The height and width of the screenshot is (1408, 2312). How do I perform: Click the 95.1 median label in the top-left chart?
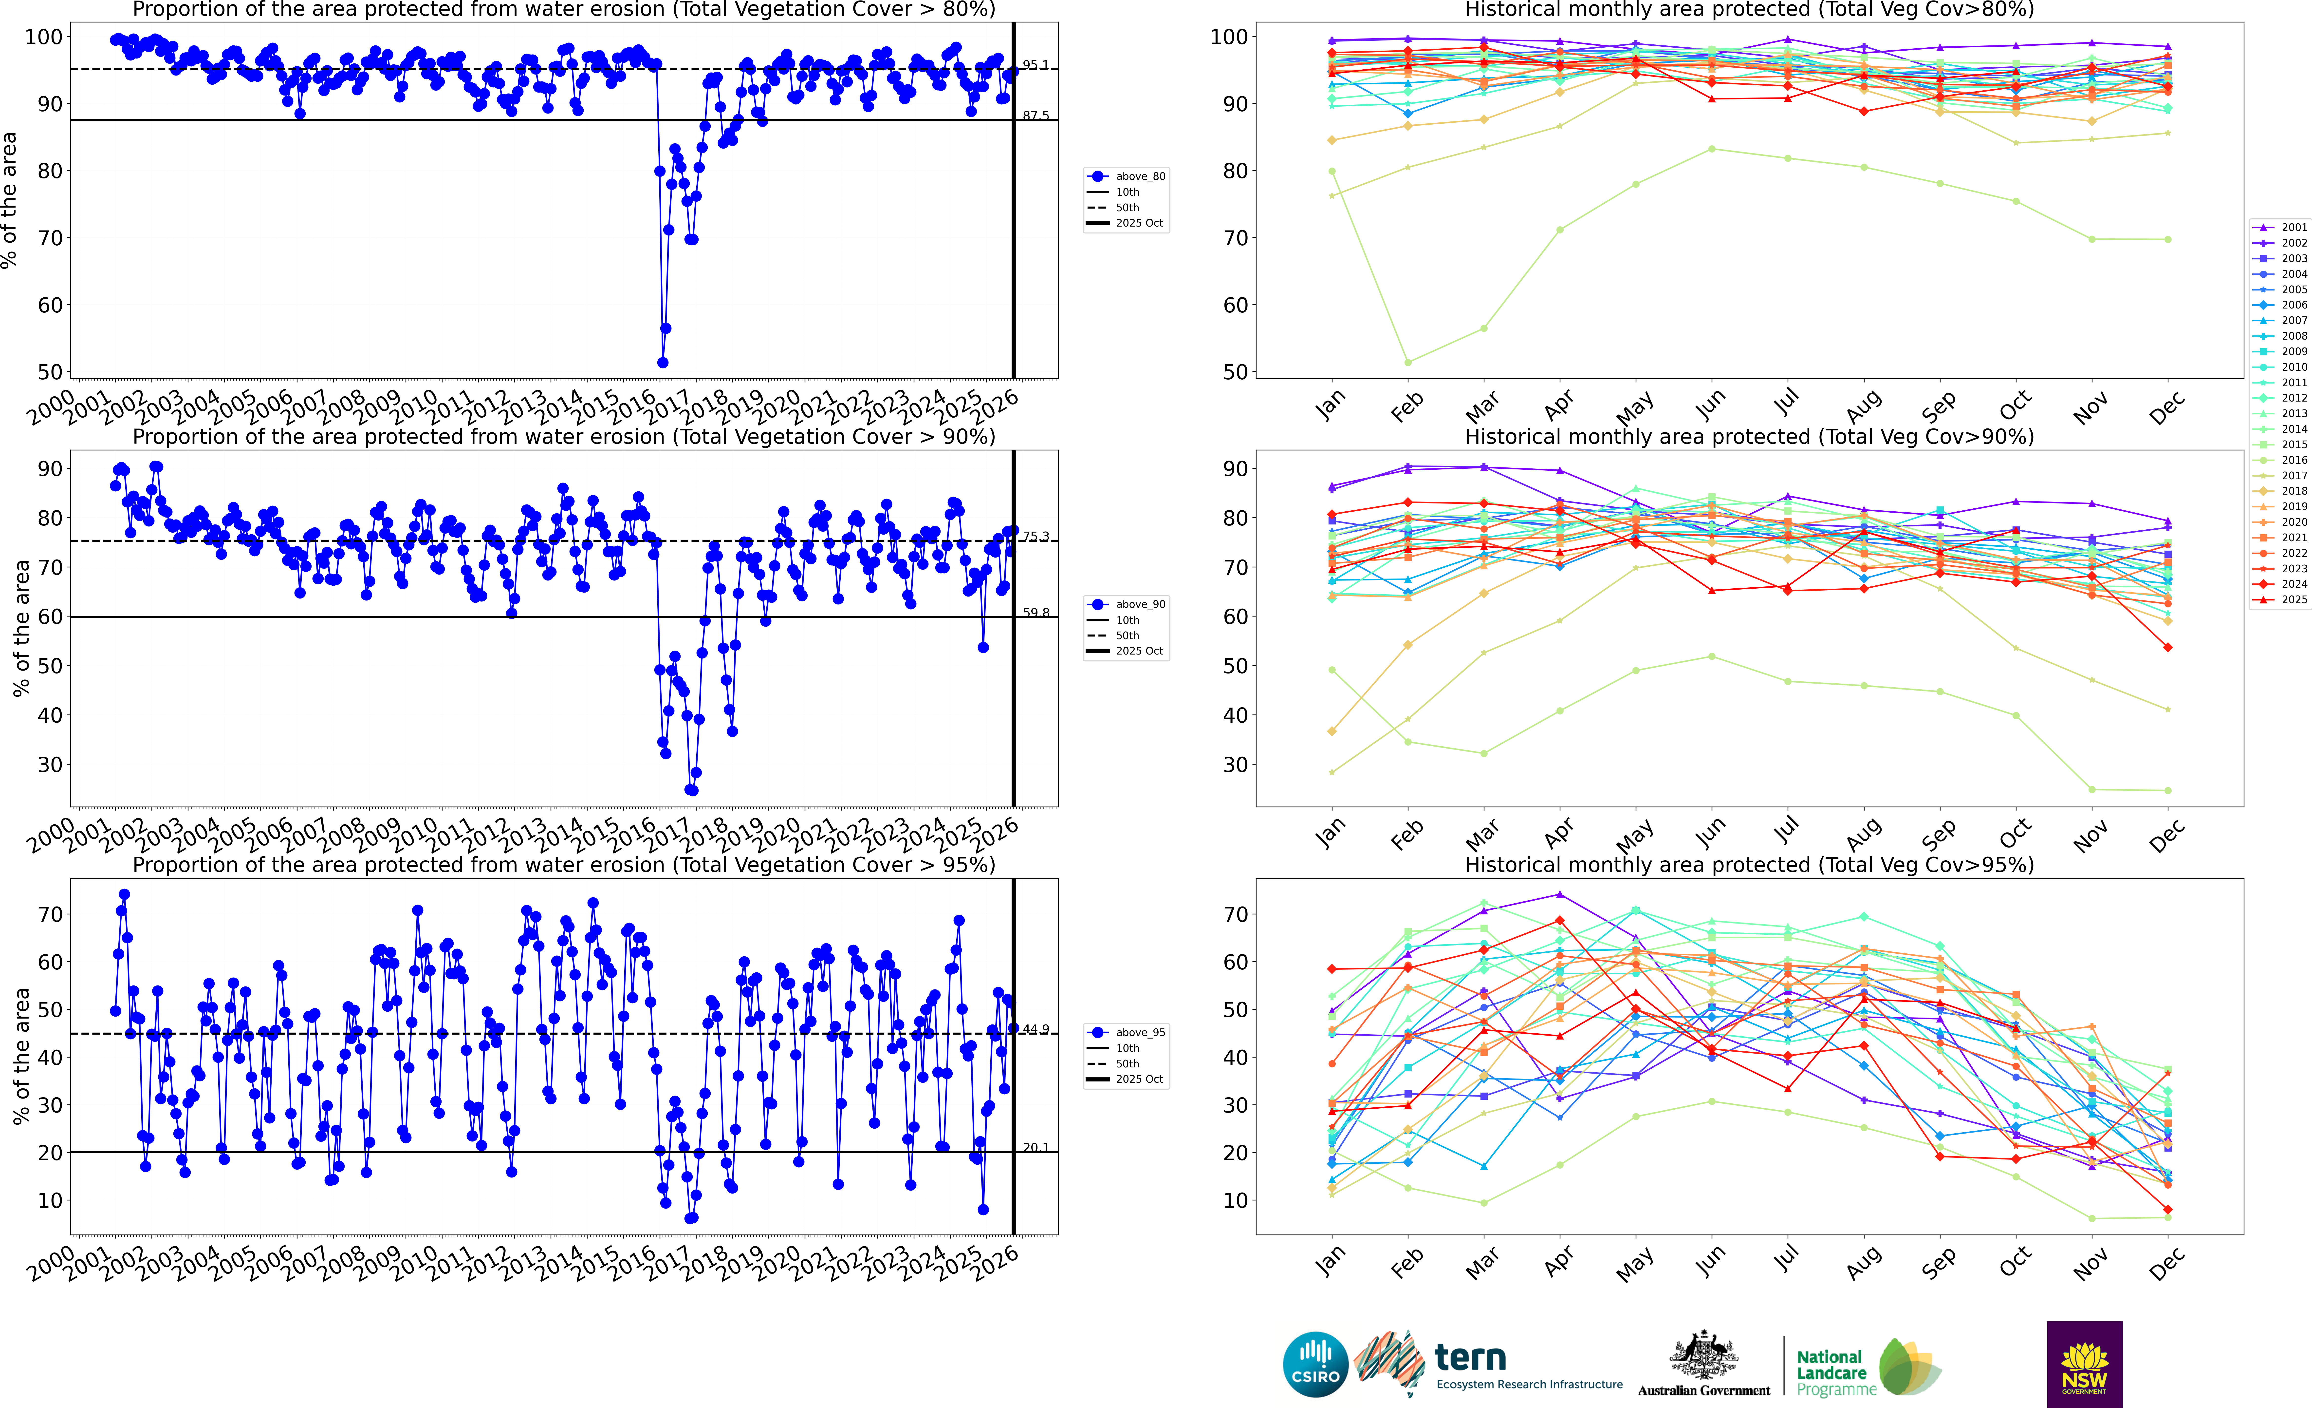(1035, 65)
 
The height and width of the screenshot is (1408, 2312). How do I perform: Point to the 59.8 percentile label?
(1035, 613)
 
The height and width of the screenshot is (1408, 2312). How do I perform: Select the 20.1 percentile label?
(1035, 1147)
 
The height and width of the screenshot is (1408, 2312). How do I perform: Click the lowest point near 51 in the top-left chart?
(663, 362)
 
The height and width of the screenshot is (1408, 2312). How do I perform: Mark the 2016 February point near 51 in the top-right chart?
(1407, 362)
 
